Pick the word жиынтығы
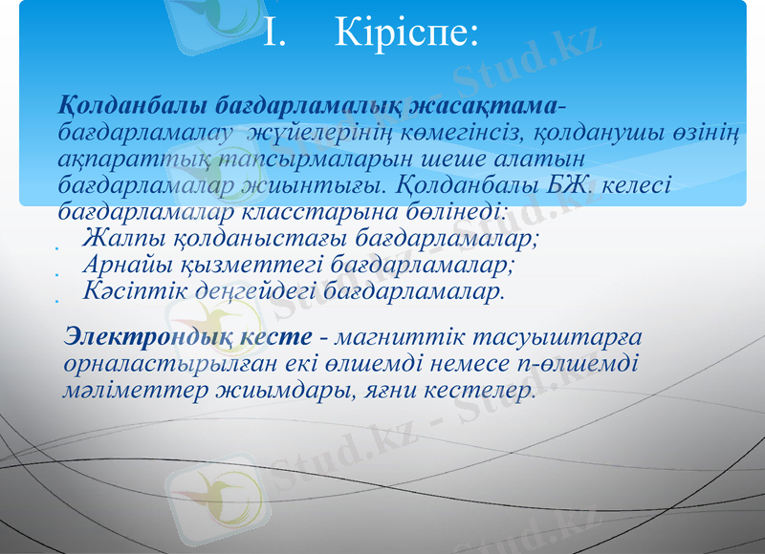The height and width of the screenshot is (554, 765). (x=330, y=181)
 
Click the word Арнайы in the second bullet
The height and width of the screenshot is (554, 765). (x=123, y=262)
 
